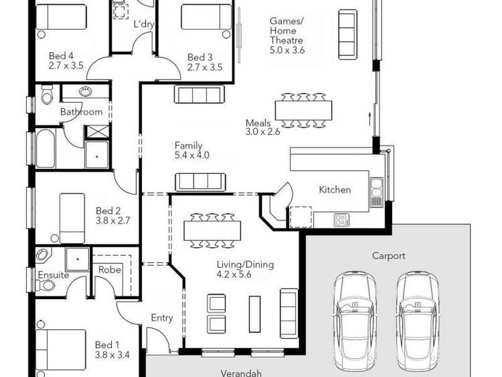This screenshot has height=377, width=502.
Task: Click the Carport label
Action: click(x=388, y=256)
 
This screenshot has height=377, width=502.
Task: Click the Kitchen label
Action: click(x=335, y=190)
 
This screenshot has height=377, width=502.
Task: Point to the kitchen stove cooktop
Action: click(x=341, y=220)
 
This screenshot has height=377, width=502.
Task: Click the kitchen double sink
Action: click(x=376, y=192)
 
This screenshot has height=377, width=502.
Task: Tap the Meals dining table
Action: click(x=304, y=110)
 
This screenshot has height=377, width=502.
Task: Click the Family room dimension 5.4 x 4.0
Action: click(x=191, y=155)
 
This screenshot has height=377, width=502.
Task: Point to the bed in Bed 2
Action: click(x=72, y=217)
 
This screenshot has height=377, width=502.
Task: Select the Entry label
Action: click(x=162, y=318)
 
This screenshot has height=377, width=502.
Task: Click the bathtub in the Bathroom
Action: click(x=45, y=148)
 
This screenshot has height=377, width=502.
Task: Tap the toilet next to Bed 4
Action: click(x=46, y=96)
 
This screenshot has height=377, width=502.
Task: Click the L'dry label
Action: click(x=144, y=24)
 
